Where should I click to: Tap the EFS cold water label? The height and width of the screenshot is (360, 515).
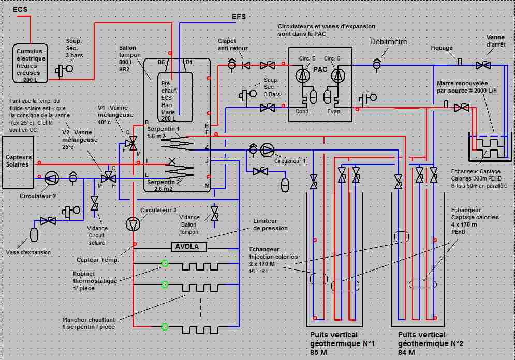coord(239,17)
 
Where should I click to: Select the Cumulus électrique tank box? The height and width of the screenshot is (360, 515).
coord(31,63)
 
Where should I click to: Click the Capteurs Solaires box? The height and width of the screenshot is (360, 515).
coord(19,160)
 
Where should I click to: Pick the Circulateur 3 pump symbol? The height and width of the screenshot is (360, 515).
coord(133,224)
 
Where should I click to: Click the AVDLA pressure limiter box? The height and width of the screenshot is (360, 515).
coord(188,247)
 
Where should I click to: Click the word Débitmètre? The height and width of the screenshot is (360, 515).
coord(389,41)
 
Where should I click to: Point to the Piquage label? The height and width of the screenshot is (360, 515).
coord(442,48)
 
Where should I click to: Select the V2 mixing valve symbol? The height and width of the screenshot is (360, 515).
coord(108,177)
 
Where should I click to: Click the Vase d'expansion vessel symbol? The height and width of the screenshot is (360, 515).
coord(34,234)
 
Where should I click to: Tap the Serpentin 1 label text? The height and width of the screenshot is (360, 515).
coord(163,128)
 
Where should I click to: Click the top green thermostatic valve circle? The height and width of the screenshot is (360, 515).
coord(165,263)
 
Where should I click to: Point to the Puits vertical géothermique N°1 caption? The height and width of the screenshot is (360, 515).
coord(342,342)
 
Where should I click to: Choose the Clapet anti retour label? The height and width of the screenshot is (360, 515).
coord(232,44)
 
